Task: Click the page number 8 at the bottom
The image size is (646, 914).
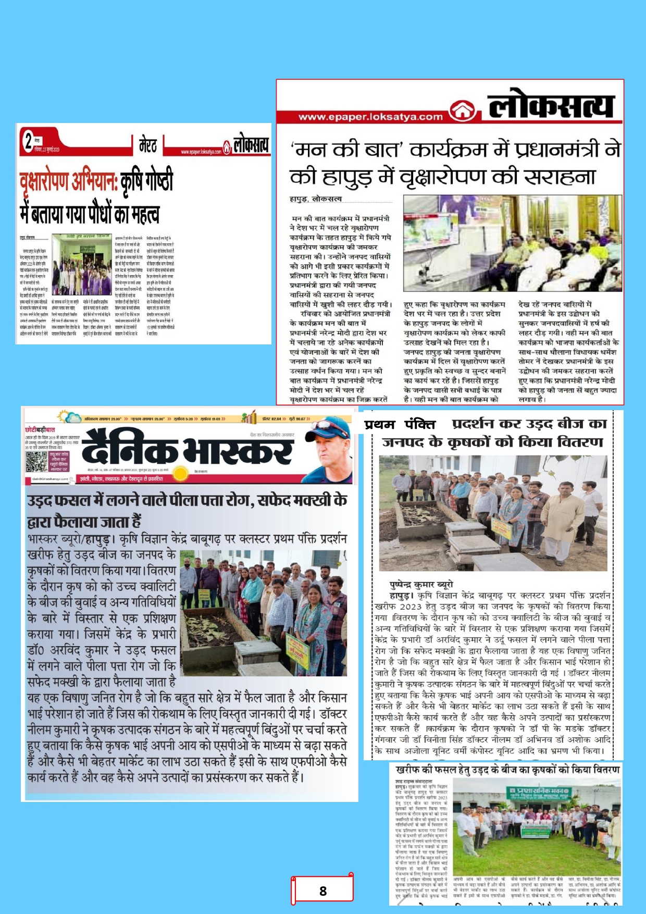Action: coord(323,891)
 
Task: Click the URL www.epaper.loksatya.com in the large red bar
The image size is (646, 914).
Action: coord(370,117)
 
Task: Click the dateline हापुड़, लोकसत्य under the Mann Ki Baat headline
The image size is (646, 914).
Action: coord(316,199)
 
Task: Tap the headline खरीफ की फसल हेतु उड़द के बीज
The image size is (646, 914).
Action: coord(507,770)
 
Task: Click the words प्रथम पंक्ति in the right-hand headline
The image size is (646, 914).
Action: coord(400,425)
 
